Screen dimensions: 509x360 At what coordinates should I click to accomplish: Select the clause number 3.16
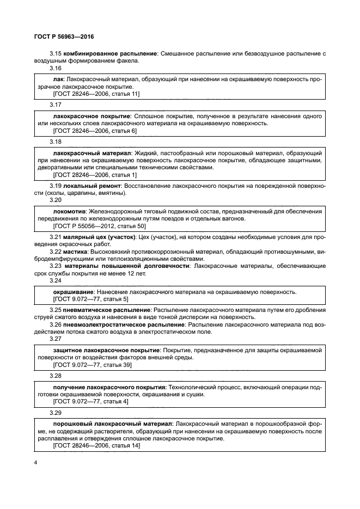pyautogui.click(x=56, y=68)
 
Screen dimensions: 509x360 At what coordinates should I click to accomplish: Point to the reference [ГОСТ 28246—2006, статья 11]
pyautogui.click(x=96, y=94)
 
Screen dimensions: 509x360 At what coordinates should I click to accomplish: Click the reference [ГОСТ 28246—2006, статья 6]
pyautogui.click(x=95, y=131)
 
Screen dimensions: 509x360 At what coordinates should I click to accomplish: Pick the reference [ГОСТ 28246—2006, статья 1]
pyautogui.click(x=95, y=175)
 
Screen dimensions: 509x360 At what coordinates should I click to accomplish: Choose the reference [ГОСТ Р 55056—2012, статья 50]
pyautogui.click(x=99, y=226)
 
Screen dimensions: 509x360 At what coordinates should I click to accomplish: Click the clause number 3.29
pyautogui.click(x=56, y=413)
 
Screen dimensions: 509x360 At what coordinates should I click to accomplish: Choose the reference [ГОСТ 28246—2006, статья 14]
pyautogui.click(x=96, y=445)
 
